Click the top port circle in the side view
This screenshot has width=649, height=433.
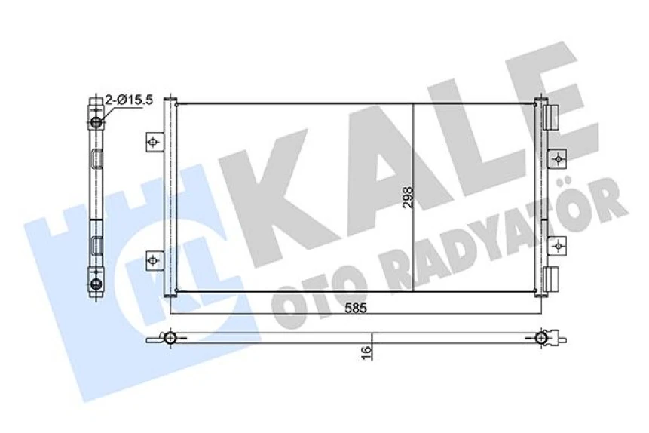(96, 122)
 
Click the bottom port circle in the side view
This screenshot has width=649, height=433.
(96, 284)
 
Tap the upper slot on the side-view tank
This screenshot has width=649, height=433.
(96, 159)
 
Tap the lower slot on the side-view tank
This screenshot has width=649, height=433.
(96, 244)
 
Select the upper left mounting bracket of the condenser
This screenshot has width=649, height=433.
(154, 141)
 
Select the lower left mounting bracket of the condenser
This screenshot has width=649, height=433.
(154, 260)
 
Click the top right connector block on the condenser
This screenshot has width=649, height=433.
(551, 115)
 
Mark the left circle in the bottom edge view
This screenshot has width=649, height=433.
(171, 337)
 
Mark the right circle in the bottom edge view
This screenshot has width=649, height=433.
(541, 337)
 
